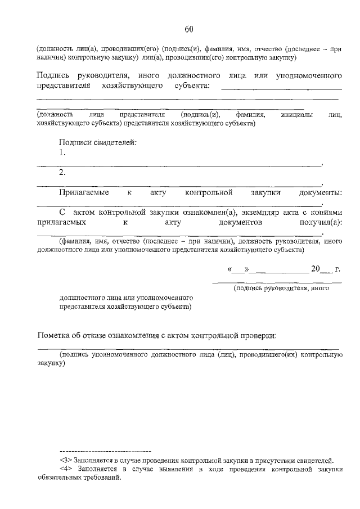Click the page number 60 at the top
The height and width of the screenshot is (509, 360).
coord(189,29)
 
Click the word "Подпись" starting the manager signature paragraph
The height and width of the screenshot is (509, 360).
coord(52,75)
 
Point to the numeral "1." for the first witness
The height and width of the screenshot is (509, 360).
coord(62,152)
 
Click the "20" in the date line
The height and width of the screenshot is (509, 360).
coord(316,269)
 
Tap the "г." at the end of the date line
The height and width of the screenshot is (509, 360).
coord(337,269)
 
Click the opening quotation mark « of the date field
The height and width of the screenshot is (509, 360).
coord(229,269)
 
